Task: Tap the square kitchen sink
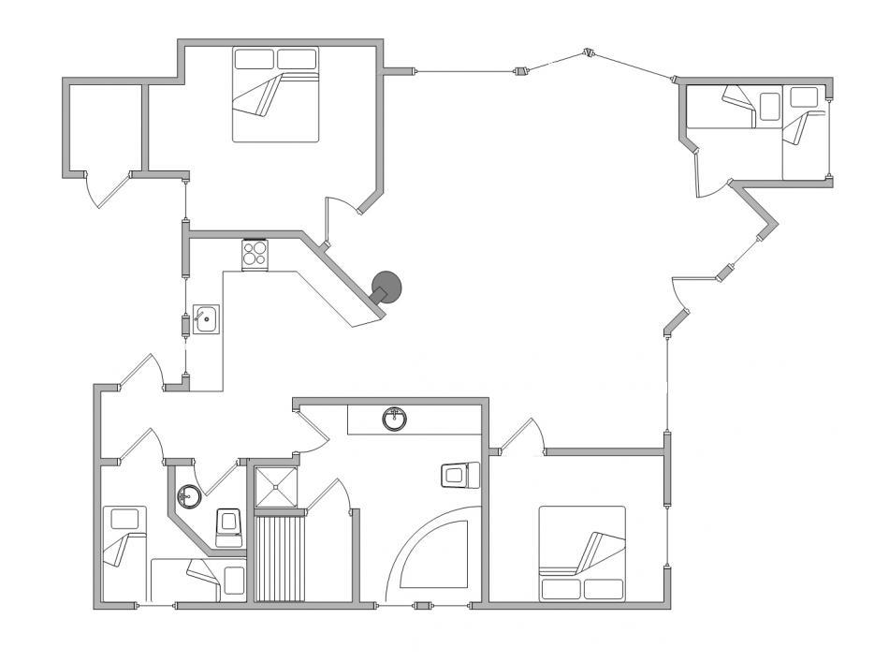pos(207,320)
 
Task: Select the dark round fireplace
pos(386,287)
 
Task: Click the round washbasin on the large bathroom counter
pos(395,419)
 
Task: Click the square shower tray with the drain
pos(278,487)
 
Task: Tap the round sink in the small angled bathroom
pos(189,495)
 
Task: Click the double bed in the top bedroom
pos(275,95)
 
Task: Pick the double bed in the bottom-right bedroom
pos(581,553)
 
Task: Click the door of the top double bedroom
pos(339,221)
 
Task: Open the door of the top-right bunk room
pos(711,178)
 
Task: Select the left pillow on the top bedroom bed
pos(254,59)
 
